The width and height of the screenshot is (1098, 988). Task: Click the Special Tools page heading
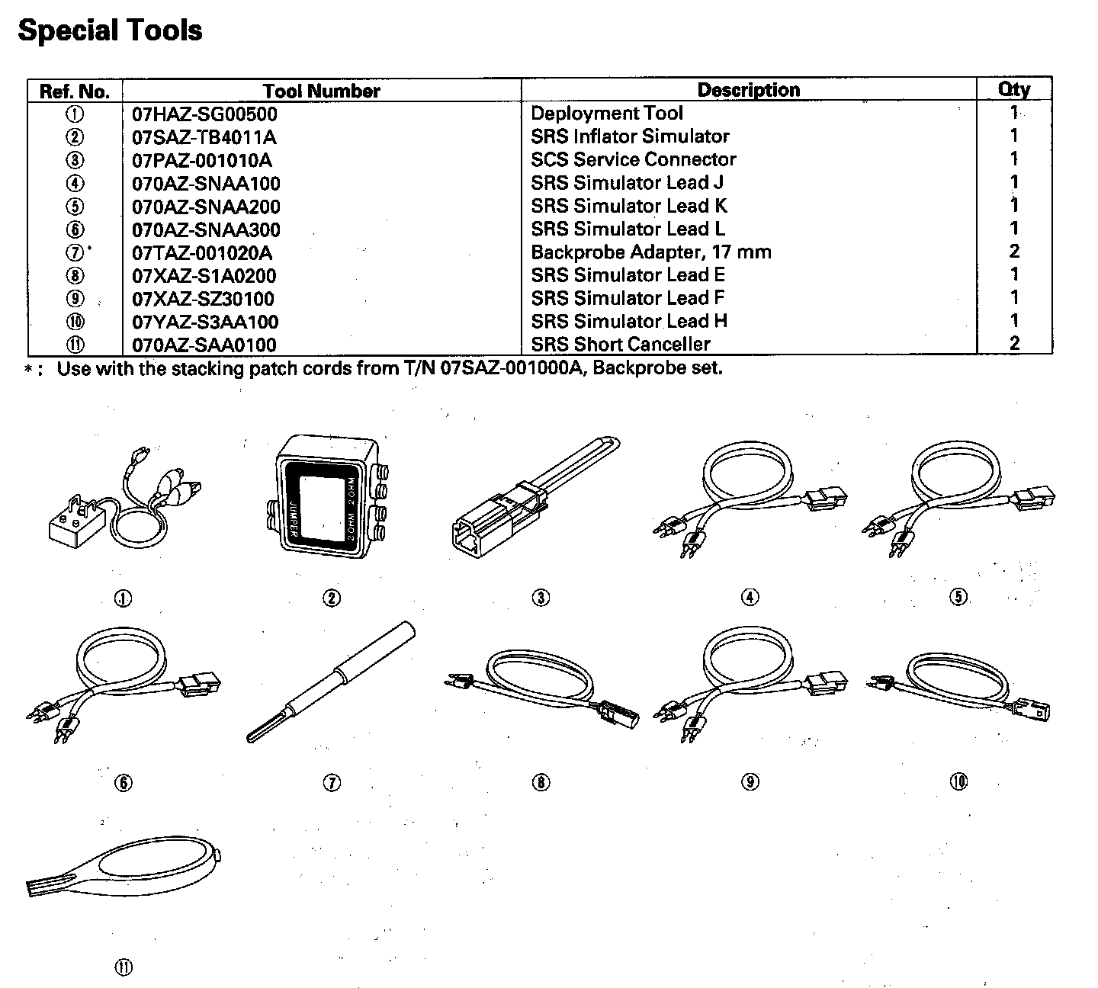(110, 30)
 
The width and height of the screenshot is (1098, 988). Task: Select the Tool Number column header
(321, 91)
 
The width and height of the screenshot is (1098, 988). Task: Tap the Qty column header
(1013, 89)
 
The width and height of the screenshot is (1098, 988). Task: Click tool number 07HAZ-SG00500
(204, 114)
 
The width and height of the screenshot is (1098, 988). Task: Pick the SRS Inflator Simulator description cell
(630, 136)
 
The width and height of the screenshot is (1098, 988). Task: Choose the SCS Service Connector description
(633, 159)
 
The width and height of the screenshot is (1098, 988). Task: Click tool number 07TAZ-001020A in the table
(201, 252)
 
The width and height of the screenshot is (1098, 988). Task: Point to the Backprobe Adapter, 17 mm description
(650, 252)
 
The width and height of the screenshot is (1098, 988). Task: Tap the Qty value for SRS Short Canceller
(1014, 343)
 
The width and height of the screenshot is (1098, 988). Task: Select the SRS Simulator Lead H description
(628, 321)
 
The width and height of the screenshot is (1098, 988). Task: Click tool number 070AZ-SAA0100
(204, 345)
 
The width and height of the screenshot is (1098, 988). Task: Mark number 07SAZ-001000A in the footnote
(513, 369)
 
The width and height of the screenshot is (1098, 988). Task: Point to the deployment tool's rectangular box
(76, 524)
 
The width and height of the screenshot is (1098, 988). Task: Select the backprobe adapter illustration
(332, 682)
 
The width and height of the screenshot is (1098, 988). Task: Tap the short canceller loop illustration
(122, 869)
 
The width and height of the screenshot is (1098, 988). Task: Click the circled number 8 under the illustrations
(541, 782)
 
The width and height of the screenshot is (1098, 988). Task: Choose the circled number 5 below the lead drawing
(958, 597)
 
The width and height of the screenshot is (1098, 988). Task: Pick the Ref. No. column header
(75, 91)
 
